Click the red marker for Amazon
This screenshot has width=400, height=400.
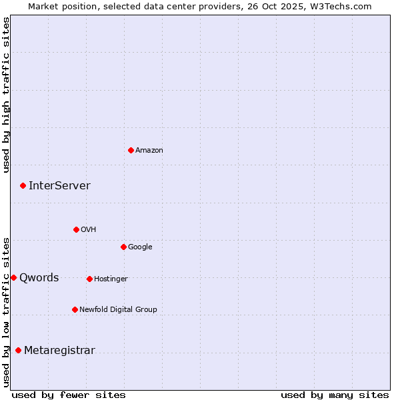pos(131,150)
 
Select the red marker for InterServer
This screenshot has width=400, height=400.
pos(23,185)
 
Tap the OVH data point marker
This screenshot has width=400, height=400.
pos(76,229)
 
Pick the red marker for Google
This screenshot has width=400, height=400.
pos(123,247)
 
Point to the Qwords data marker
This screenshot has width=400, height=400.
pos(13,277)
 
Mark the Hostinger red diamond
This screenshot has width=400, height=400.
pos(89,279)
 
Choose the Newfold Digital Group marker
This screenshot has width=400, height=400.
pos(75,309)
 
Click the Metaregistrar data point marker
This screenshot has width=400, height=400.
pos(18,350)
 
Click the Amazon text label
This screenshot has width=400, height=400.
pos(149,151)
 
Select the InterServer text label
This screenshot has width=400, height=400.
pos(59,186)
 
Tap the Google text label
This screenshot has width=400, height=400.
pos(140,247)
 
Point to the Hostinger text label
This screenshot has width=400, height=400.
pos(111,279)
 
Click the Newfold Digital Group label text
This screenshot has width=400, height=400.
pos(118,310)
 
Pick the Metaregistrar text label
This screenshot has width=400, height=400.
pos(59,351)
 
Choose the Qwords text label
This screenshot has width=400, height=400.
pos(39,278)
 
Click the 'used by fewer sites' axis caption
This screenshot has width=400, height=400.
pos(69,395)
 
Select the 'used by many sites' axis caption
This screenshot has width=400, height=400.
pos(335,395)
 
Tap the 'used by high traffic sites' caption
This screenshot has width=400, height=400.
pos(6,95)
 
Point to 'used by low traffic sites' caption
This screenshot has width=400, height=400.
pos(6,311)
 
